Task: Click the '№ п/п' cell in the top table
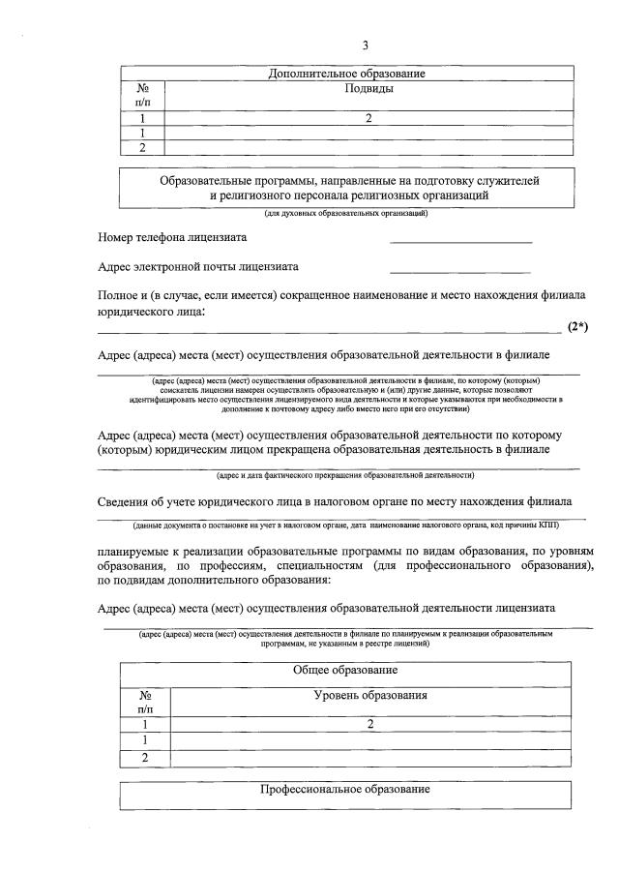click(142, 95)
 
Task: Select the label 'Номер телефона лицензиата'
click(172, 237)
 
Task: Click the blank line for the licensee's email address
click(460, 269)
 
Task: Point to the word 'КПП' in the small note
click(548, 525)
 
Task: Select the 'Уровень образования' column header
click(370, 696)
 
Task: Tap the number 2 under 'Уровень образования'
click(370, 724)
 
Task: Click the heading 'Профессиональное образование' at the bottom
click(345, 790)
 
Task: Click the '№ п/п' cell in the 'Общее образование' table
click(144, 703)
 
